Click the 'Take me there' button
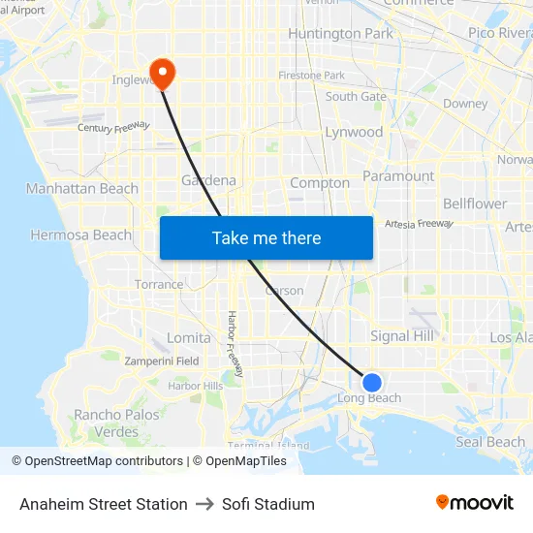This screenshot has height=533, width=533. click(266, 238)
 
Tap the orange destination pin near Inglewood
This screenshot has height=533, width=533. click(163, 74)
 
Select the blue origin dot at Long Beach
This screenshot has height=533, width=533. click(371, 382)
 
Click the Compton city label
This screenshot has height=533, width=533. click(320, 182)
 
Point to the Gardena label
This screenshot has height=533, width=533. click(208, 180)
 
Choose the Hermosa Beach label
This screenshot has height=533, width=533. click(80, 235)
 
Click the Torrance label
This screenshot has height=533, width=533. click(159, 284)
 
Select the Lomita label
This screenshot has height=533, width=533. click(189, 337)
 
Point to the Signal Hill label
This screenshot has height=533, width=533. click(403, 335)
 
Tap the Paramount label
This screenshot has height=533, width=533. click(398, 175)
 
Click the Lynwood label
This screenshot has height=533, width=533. click(354, 132)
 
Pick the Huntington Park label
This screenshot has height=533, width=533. click(341, 34)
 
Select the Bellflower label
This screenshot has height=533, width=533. click(475, 204)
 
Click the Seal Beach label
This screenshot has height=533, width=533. click(490, 442)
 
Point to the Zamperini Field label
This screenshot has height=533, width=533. click(162, 361)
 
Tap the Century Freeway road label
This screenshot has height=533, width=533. click(114, 126)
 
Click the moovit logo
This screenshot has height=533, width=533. click(475, 503)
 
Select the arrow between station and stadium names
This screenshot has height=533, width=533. click(204, 504)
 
